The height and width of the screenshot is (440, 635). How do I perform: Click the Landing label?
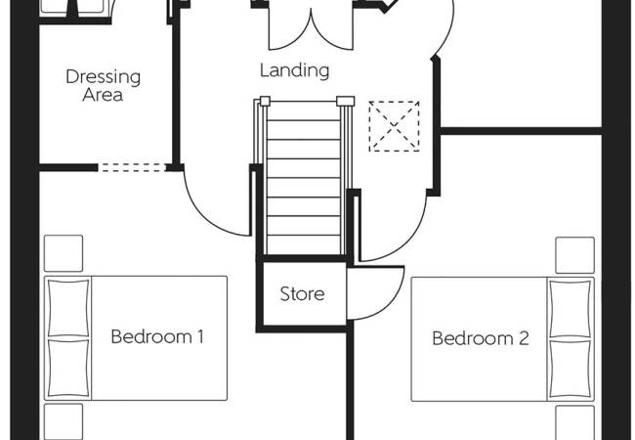point(294,70)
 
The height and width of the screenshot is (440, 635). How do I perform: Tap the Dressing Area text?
point(103,85)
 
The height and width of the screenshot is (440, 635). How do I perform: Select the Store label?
point(302,293)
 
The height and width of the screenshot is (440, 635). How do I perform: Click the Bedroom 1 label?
point(156,337)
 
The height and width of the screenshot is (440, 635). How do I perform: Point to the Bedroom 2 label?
point(481,339)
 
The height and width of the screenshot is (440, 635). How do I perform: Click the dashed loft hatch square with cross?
point(392,126)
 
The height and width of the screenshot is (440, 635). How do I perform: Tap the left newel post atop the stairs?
point(264,100)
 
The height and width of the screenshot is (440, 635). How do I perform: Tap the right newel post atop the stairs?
point(344,100)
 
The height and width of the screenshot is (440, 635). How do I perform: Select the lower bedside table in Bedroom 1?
point(63,422)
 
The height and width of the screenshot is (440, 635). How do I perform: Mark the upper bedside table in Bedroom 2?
point(574,255)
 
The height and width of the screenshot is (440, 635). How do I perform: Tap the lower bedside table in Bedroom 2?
point(574,422)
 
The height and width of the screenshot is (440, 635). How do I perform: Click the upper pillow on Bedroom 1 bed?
point(68,308)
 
